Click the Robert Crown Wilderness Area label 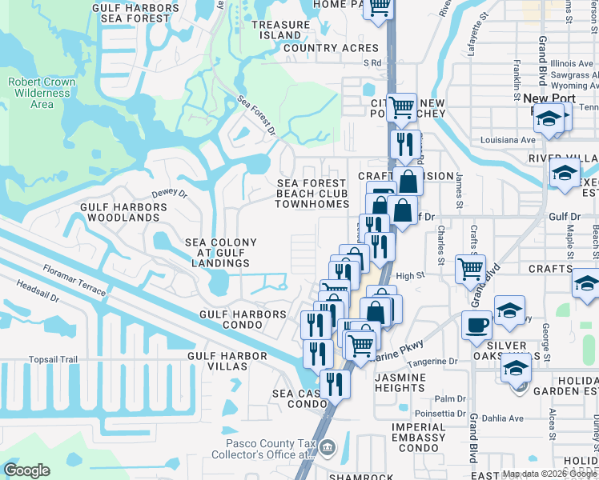[41, 93]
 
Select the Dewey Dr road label [169, 194]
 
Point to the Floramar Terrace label [74, 280]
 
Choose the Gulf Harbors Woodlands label [123, 212]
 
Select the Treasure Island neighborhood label [280, 30]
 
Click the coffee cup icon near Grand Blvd [476, 324]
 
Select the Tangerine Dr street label [430, 362]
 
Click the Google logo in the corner [26, 471]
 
